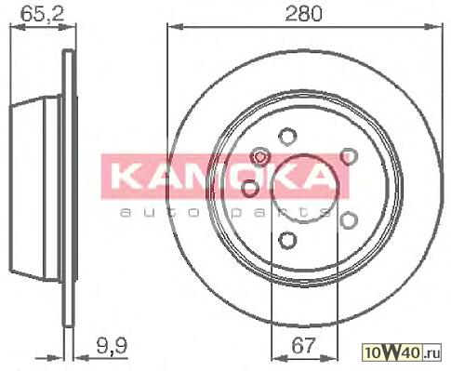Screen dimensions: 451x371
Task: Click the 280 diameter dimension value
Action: click(303, 13)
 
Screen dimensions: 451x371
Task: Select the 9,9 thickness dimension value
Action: click(112, 346)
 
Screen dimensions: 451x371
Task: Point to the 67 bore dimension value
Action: click(303, 345)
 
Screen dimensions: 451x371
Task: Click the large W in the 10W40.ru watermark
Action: click(393, 352)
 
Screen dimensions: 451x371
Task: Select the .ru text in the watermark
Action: click(431, 353)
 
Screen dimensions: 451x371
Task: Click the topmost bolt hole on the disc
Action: click(287, 137)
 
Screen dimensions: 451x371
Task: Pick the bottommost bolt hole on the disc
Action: click(287, 240)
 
